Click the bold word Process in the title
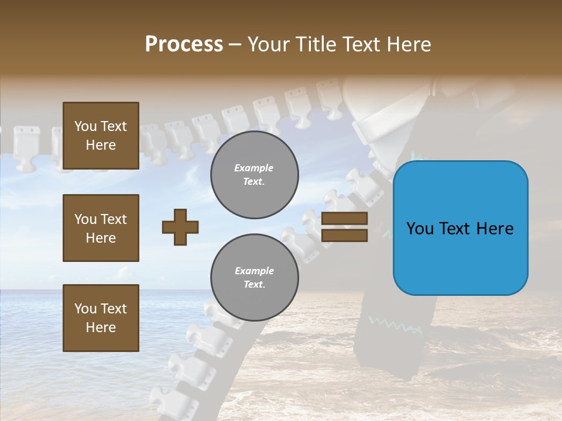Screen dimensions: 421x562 (184, 44)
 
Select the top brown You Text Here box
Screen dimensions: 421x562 (101, 136)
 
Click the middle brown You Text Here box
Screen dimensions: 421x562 (101, 228)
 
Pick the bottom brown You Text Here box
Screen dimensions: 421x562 (101, 318)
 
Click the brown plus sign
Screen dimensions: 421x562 (180, 227)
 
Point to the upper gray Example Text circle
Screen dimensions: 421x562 (255, 175)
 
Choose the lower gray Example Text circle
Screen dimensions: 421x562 (255, 278)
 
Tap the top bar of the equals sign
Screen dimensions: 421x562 (344, 219)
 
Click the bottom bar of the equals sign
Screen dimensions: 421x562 (344, 236)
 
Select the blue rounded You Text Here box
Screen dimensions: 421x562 (460, 228)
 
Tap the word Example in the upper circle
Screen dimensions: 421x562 (254, 168)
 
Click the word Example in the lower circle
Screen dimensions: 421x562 (254, 271)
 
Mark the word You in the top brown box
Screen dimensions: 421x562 (85, 126)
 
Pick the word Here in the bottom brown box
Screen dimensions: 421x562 (101, 327)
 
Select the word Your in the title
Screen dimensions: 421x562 (268, 44)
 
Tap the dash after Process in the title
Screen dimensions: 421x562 (235, 45)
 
